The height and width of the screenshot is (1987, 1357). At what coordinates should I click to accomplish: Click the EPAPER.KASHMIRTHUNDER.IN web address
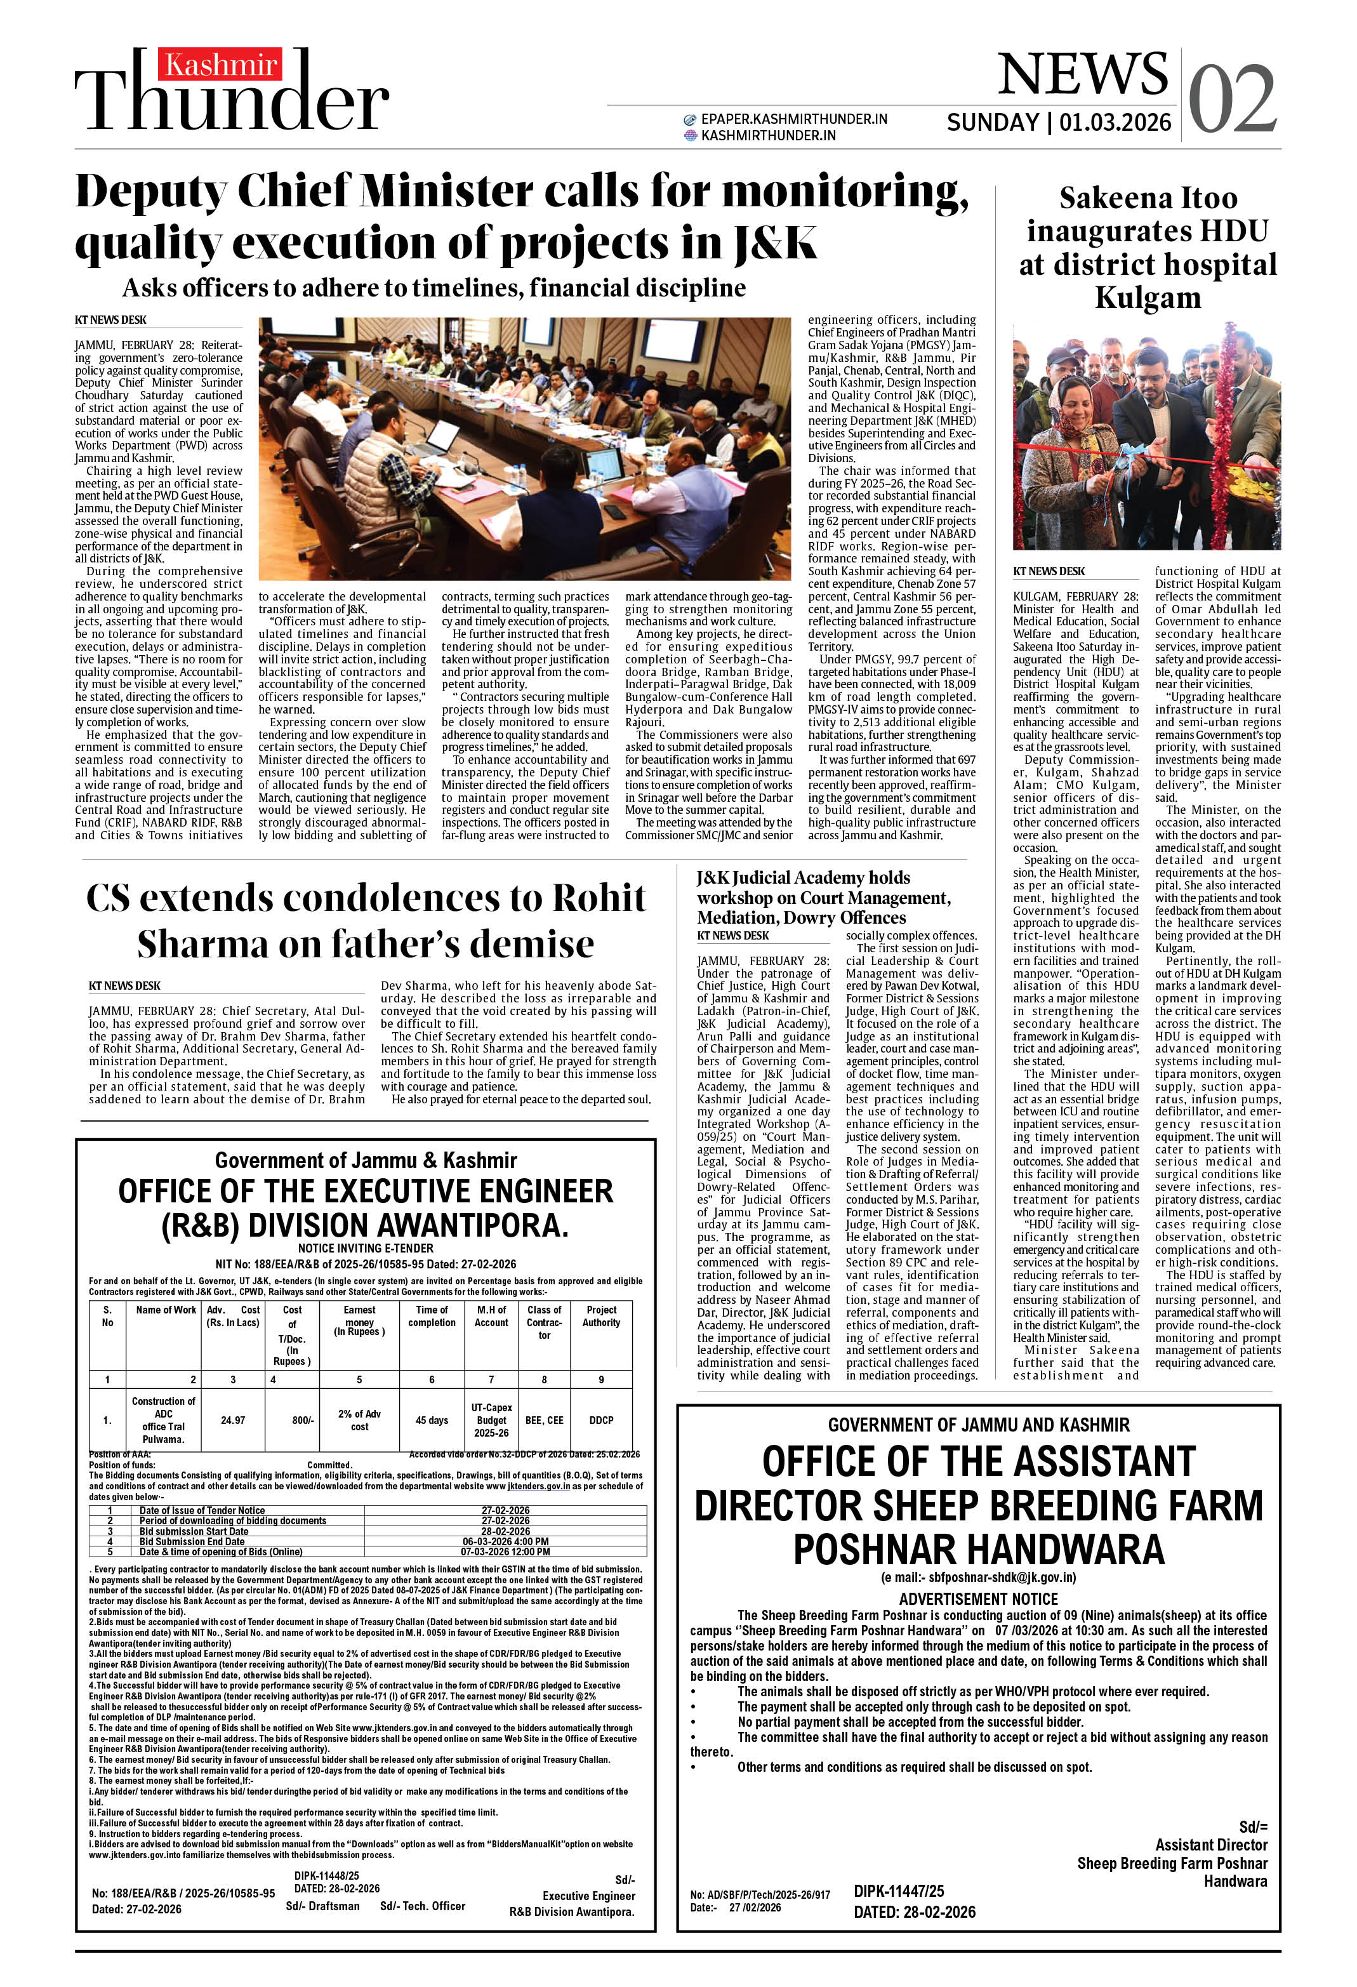[793, 119]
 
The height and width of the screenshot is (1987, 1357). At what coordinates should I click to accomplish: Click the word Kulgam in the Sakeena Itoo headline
[1148, 298]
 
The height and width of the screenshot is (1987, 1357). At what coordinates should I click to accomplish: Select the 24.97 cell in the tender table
[232, 1420]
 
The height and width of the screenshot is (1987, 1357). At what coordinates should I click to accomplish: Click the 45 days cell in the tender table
[432, 1420]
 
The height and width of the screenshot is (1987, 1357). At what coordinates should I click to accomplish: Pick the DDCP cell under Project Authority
[601, 1420]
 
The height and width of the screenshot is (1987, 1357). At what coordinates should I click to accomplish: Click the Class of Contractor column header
[544, 1322]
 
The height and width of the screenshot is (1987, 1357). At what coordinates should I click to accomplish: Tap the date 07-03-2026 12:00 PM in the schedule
[505, 1552]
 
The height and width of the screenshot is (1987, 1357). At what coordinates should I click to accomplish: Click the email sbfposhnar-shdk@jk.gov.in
[978, 1578]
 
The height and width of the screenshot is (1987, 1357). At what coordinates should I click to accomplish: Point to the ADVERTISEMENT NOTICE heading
[978, 1599]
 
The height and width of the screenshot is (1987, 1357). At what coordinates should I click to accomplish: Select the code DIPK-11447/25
[899, 1891]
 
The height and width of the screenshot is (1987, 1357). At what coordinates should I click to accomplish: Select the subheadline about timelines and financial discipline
[434, 288]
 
